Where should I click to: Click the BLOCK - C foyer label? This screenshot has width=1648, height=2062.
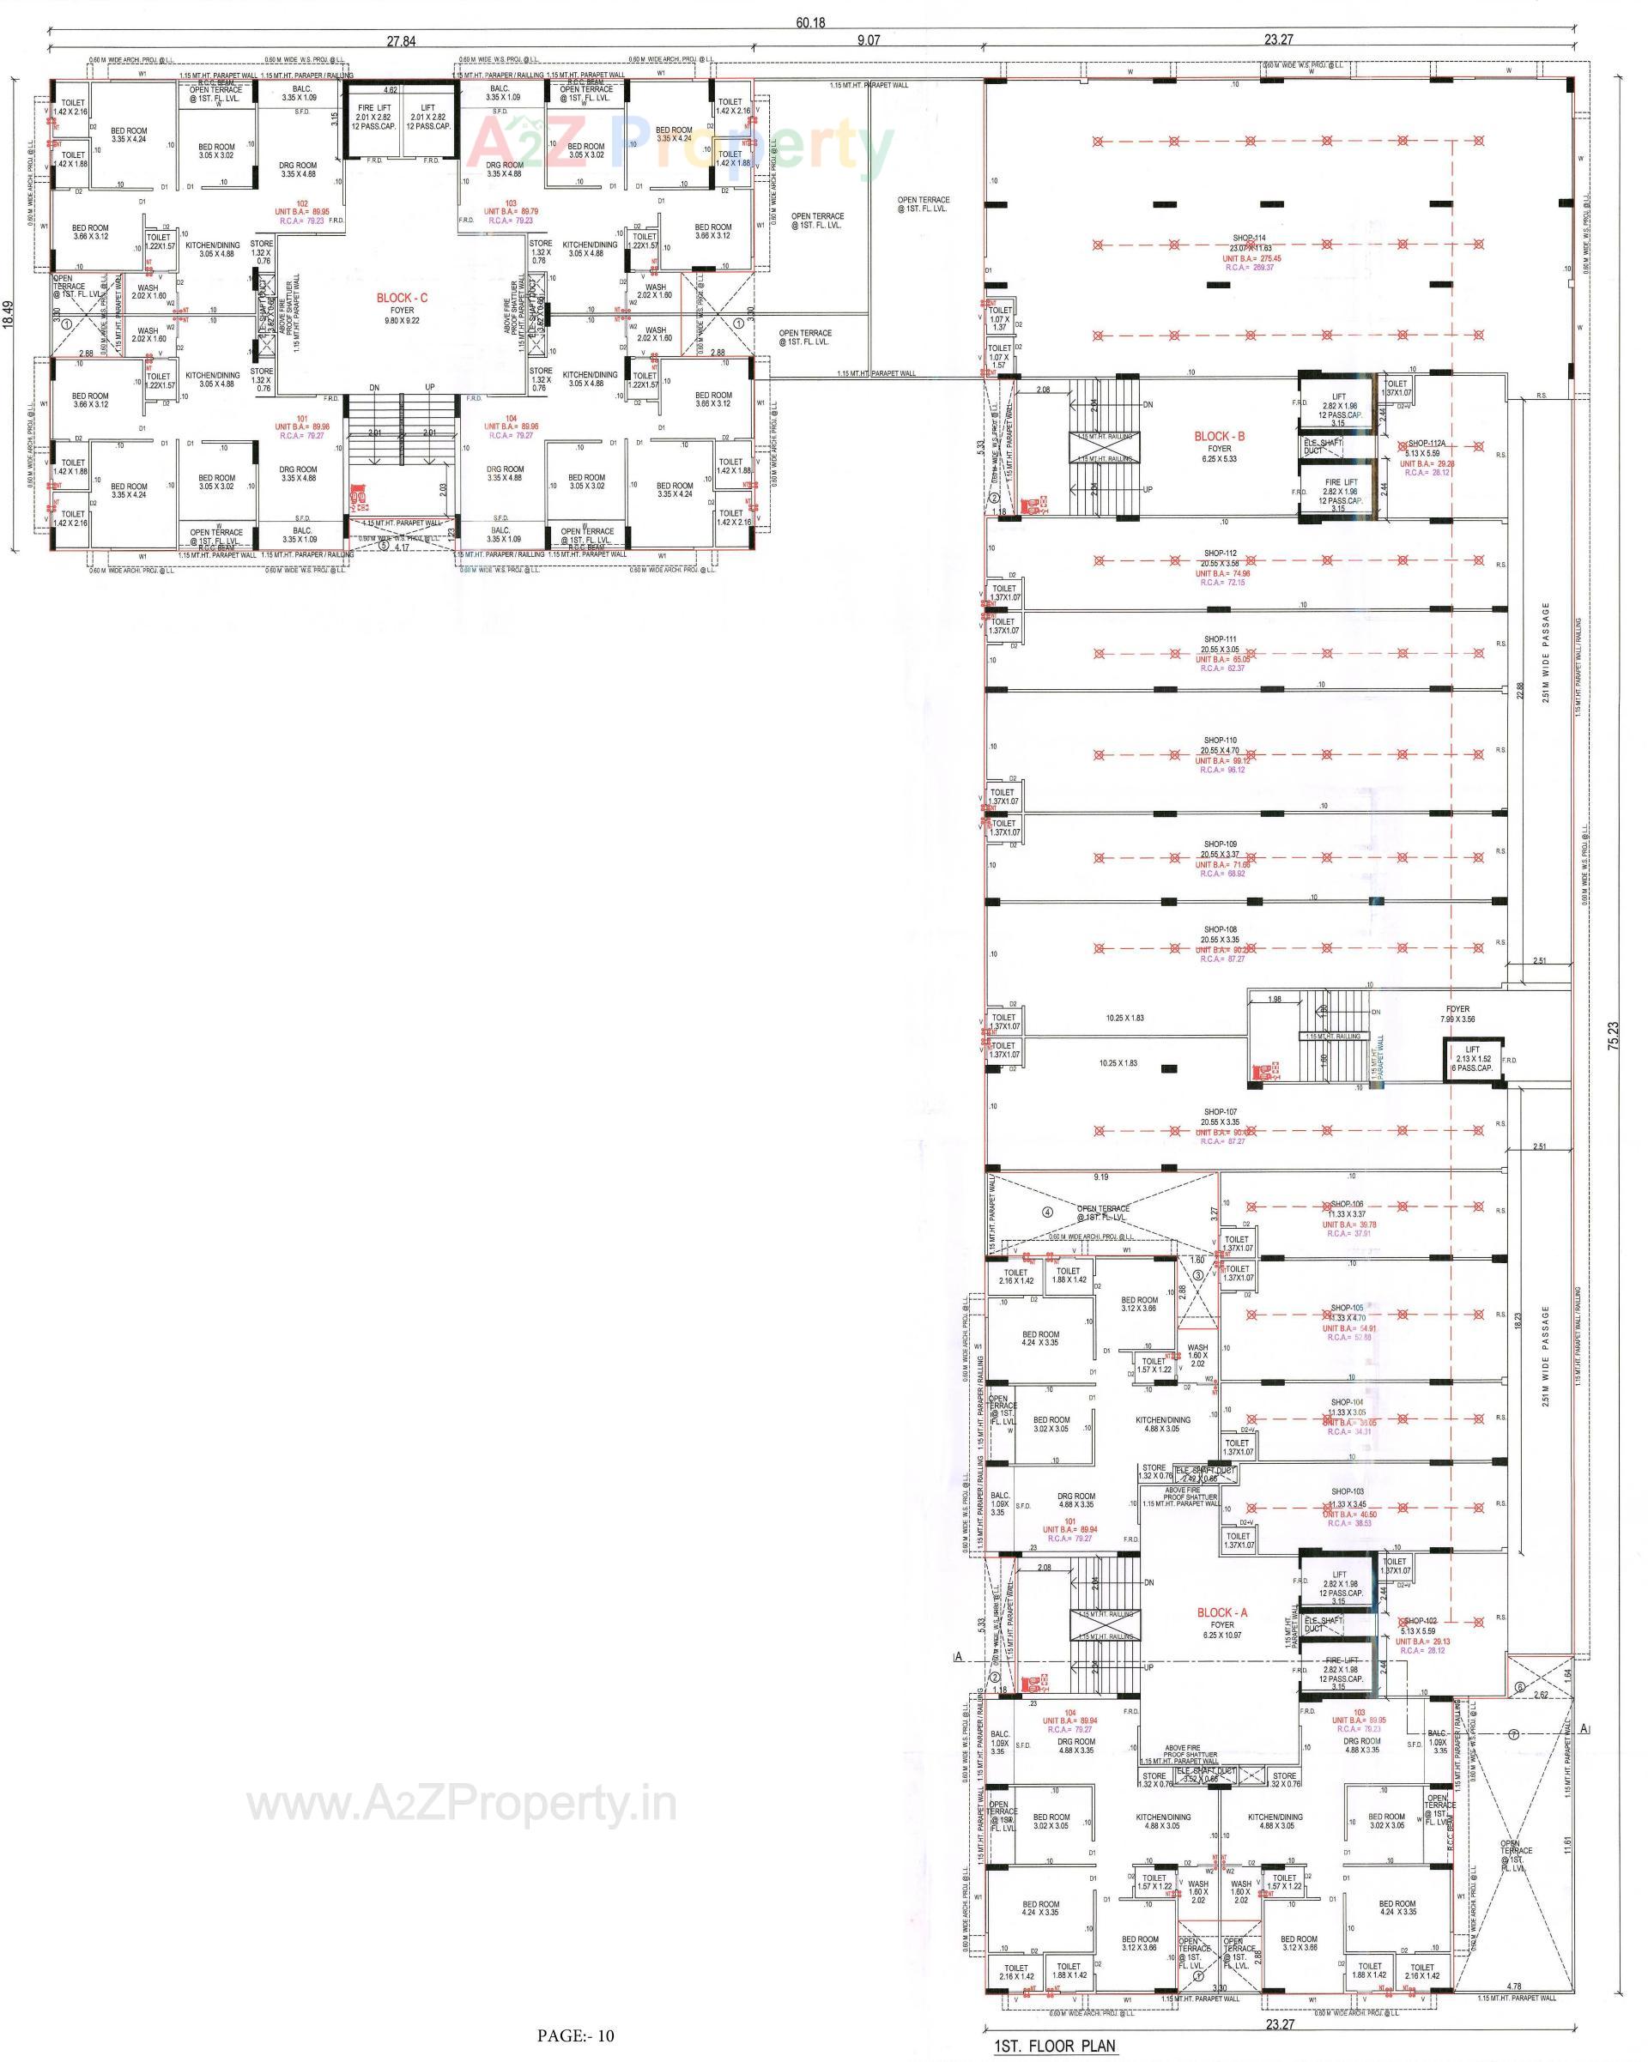tap(402, 299)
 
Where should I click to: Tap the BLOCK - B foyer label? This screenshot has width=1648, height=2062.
tap(1219, 436)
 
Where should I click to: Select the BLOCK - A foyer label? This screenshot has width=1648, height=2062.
tap(1221, 1612)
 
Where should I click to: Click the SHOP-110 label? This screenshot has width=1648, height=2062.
tap(1220, 741)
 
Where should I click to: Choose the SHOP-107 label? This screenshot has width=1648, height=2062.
tap(1220, 1111)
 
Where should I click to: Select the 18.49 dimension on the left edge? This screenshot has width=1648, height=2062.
tap(9, 314)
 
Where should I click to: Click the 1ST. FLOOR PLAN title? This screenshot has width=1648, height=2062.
tap(1054, 2046)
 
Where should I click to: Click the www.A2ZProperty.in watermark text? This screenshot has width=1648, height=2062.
tap(462, 1805)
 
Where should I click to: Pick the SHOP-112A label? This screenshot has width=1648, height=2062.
tap(1425, 444)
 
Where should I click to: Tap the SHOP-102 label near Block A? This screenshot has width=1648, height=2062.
tap(1421, 1621)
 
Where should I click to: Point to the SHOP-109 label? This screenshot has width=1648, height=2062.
tap(1220, 844)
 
